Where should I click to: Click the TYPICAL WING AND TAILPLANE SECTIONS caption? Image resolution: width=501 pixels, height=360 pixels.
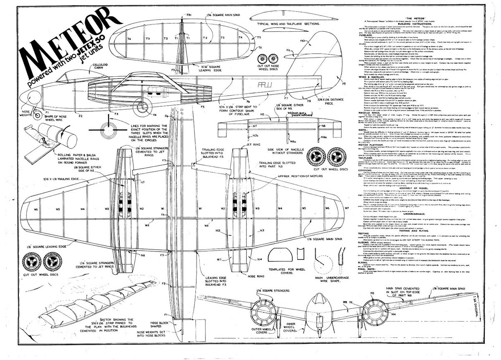point(288,24)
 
